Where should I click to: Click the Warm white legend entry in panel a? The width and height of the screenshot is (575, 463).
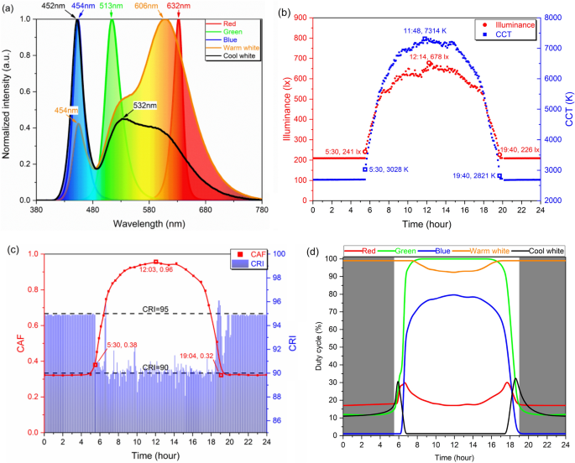pos(238,48)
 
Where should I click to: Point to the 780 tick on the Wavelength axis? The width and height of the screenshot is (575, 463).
pos(262,210)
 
